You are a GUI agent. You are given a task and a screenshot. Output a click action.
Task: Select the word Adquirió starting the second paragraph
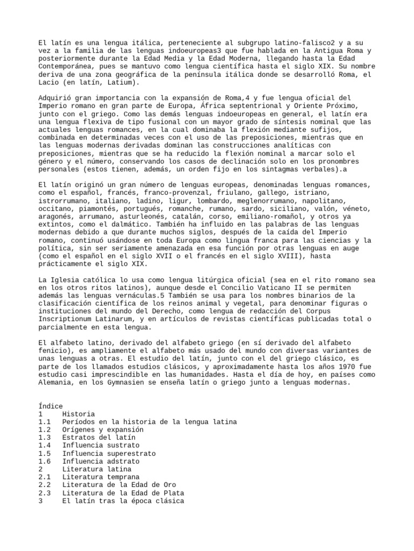pos(55,97)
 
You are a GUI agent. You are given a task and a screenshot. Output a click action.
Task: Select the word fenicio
pos(55,350)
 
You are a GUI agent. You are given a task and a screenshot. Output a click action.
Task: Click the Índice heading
pos(51,406)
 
